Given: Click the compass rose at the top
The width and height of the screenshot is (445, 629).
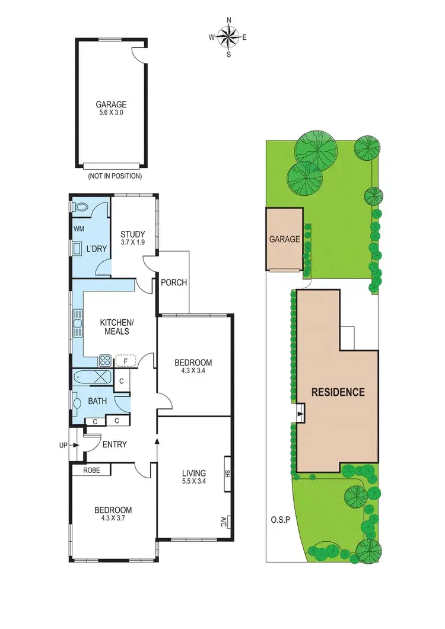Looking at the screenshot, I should [x=228, y=37].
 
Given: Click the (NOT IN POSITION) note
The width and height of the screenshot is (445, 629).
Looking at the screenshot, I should [x=115, y=176].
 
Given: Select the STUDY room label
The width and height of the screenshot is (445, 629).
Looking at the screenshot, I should [x=133, y=237].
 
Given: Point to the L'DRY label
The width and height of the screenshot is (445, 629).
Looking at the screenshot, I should [x=96, y=249].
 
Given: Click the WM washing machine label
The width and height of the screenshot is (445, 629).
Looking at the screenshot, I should [x=79, y=228].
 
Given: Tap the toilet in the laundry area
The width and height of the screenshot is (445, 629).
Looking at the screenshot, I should [x=80, y=208].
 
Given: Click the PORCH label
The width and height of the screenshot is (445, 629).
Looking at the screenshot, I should [x=174, y=282].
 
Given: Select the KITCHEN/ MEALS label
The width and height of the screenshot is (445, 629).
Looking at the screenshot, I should [x=117, y=327].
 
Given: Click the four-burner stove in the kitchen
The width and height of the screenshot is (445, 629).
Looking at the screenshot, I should [x=105, y=360].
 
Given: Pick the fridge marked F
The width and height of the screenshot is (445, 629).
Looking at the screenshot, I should [x=126, y=360].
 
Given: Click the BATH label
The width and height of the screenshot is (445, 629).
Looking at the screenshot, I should [x=97, y=401].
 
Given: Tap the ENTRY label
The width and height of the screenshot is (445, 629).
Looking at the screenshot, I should [x=115, y=444].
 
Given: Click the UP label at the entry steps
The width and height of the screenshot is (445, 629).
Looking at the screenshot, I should [x=63, y=444].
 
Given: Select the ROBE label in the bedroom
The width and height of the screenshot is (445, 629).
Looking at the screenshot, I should [x=91, y=470].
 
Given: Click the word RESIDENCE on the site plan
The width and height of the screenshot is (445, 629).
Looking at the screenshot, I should [x=338, y=392].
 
